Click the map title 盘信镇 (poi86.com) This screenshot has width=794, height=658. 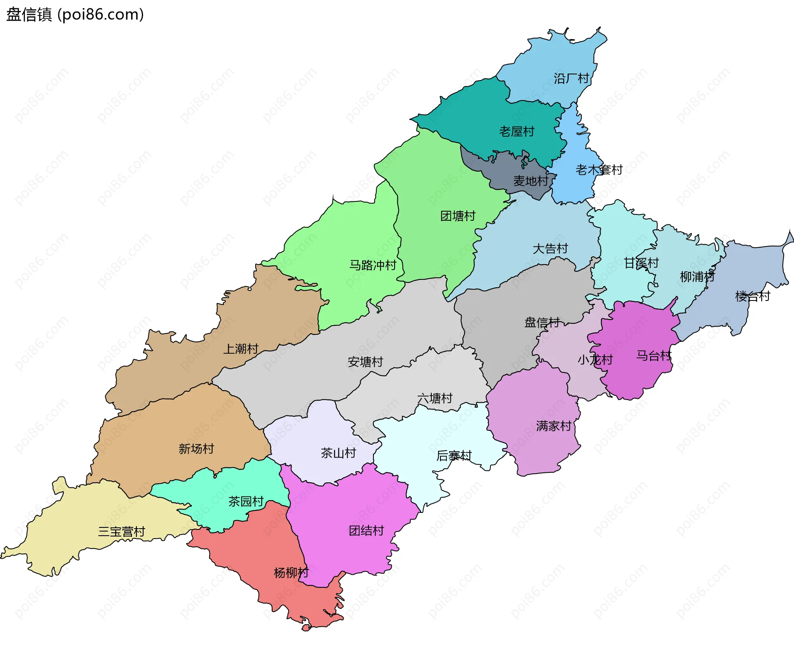coord(75,14)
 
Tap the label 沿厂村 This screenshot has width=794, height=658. coord(571,79)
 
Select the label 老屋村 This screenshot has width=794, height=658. coord(517,131)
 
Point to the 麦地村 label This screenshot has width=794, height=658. coord(531,181)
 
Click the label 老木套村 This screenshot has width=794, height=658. coord(599,169)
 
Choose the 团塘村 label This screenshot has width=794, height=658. coord(458,216)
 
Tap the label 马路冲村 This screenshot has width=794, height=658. coord(373,265)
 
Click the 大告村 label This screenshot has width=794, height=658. coord(550,248)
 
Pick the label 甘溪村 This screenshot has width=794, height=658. coord(641,263)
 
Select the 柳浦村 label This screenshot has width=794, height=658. coord(697,277)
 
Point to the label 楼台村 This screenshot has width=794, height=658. coord(753,296)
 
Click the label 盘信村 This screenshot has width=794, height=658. coord(542,322)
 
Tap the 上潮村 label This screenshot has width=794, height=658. coord(241,349)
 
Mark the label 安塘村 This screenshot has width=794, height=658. coord(365,362)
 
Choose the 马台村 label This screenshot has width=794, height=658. coord(654,355)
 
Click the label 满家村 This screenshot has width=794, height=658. coord(554,426)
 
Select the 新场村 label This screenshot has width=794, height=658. coord(196,448)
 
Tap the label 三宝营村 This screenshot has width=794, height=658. coord(121,532)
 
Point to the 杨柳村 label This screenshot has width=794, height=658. coord(291,572)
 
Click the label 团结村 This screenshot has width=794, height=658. coord(366,530)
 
